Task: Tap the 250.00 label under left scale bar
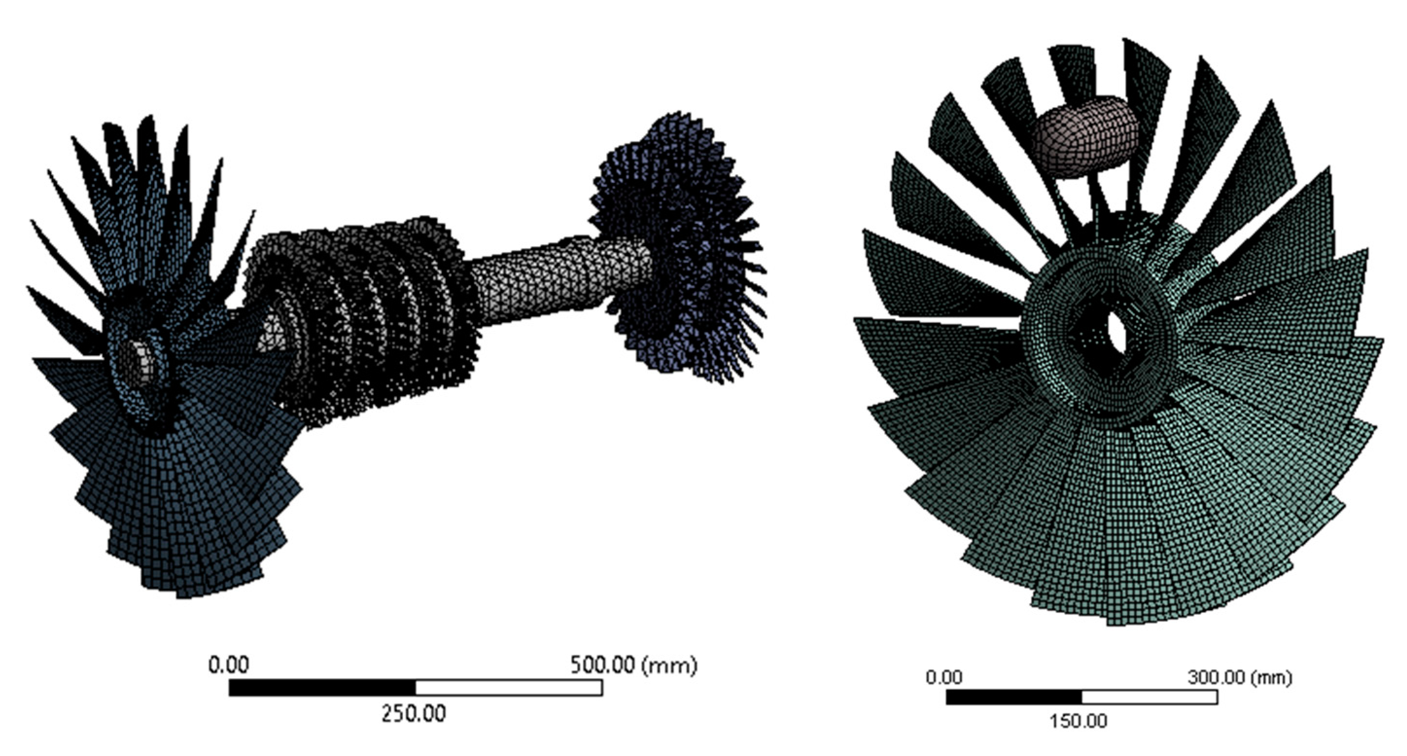[x=414, y=713]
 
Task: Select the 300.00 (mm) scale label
[x=1240, y=678]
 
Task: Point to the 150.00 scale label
[x=1078, y=721]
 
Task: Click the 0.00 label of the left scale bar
[x=229, y=665]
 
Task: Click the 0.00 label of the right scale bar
[x=944, y=678]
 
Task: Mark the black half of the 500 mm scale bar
[x=322, y=688]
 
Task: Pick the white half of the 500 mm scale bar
[x=508, y=688]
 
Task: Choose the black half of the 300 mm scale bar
[x=1014, y=697]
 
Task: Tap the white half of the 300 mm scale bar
[x=1150, y=697]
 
